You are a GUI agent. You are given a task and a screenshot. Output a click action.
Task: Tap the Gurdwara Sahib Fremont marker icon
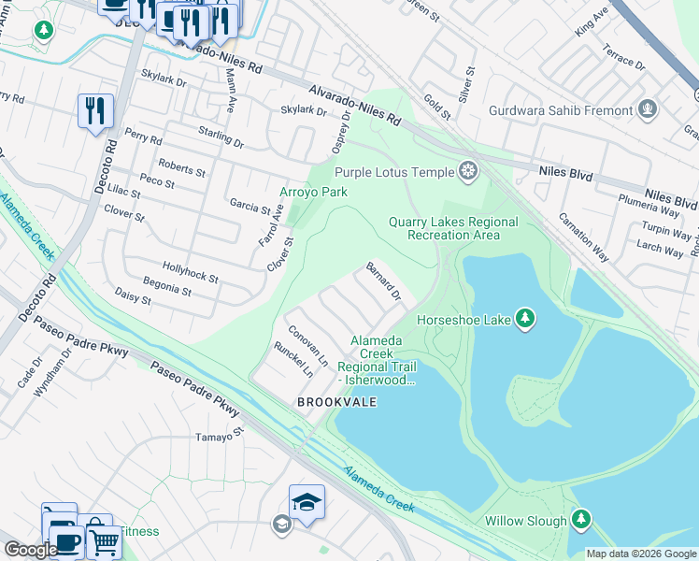648,110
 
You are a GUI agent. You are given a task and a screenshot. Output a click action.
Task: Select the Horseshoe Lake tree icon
526,320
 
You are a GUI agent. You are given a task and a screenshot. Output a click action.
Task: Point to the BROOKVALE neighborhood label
336,402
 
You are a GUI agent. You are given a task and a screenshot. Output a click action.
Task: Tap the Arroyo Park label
314,192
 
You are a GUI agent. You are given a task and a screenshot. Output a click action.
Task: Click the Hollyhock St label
190,272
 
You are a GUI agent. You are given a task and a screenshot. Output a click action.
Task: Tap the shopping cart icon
104,540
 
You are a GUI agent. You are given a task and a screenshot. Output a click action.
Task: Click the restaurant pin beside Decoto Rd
95,111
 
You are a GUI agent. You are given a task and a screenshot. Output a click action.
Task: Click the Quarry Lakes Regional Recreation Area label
453,228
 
